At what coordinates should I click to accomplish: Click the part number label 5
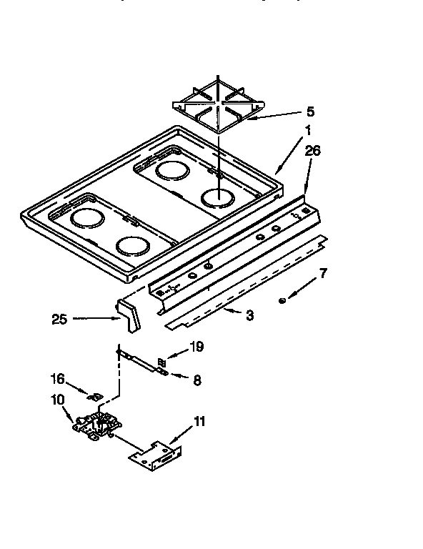pos(310,112)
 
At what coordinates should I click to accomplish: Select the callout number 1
pos(308,131)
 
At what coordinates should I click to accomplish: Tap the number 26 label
pos(312,151)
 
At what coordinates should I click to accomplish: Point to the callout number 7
pos(323,272)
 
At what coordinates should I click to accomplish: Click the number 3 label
pos(249,315)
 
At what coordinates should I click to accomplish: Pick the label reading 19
pos(196,347)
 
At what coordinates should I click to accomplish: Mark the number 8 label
pos(197,380)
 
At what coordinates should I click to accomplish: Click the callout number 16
pos(56,379)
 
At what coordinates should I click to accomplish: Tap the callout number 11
pos(199,421)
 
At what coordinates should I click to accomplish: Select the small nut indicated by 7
pos(283,300)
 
